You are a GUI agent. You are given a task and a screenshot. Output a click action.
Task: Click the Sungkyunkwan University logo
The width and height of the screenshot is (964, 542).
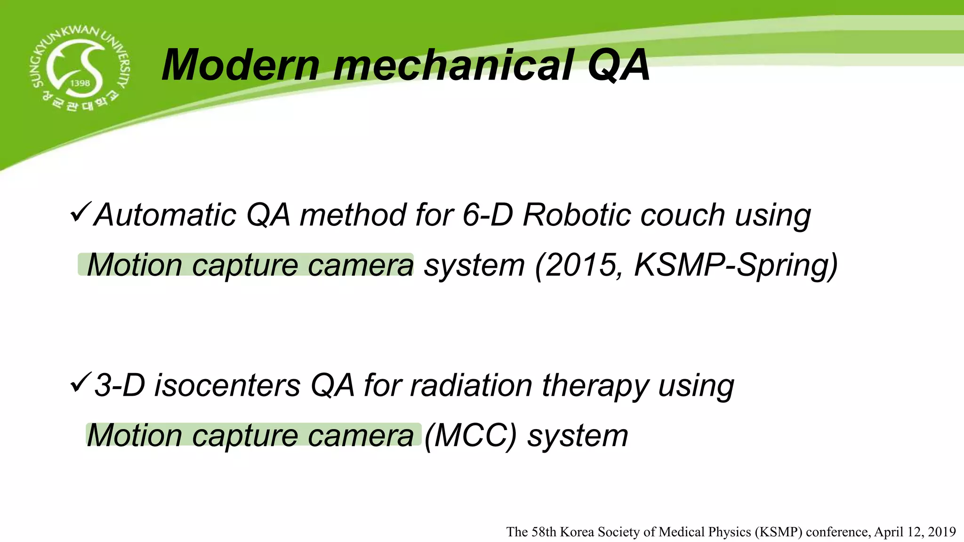79,68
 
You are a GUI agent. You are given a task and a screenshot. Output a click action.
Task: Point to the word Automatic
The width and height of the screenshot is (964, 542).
165,215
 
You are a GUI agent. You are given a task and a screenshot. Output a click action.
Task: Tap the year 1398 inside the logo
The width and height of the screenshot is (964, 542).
80,83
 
